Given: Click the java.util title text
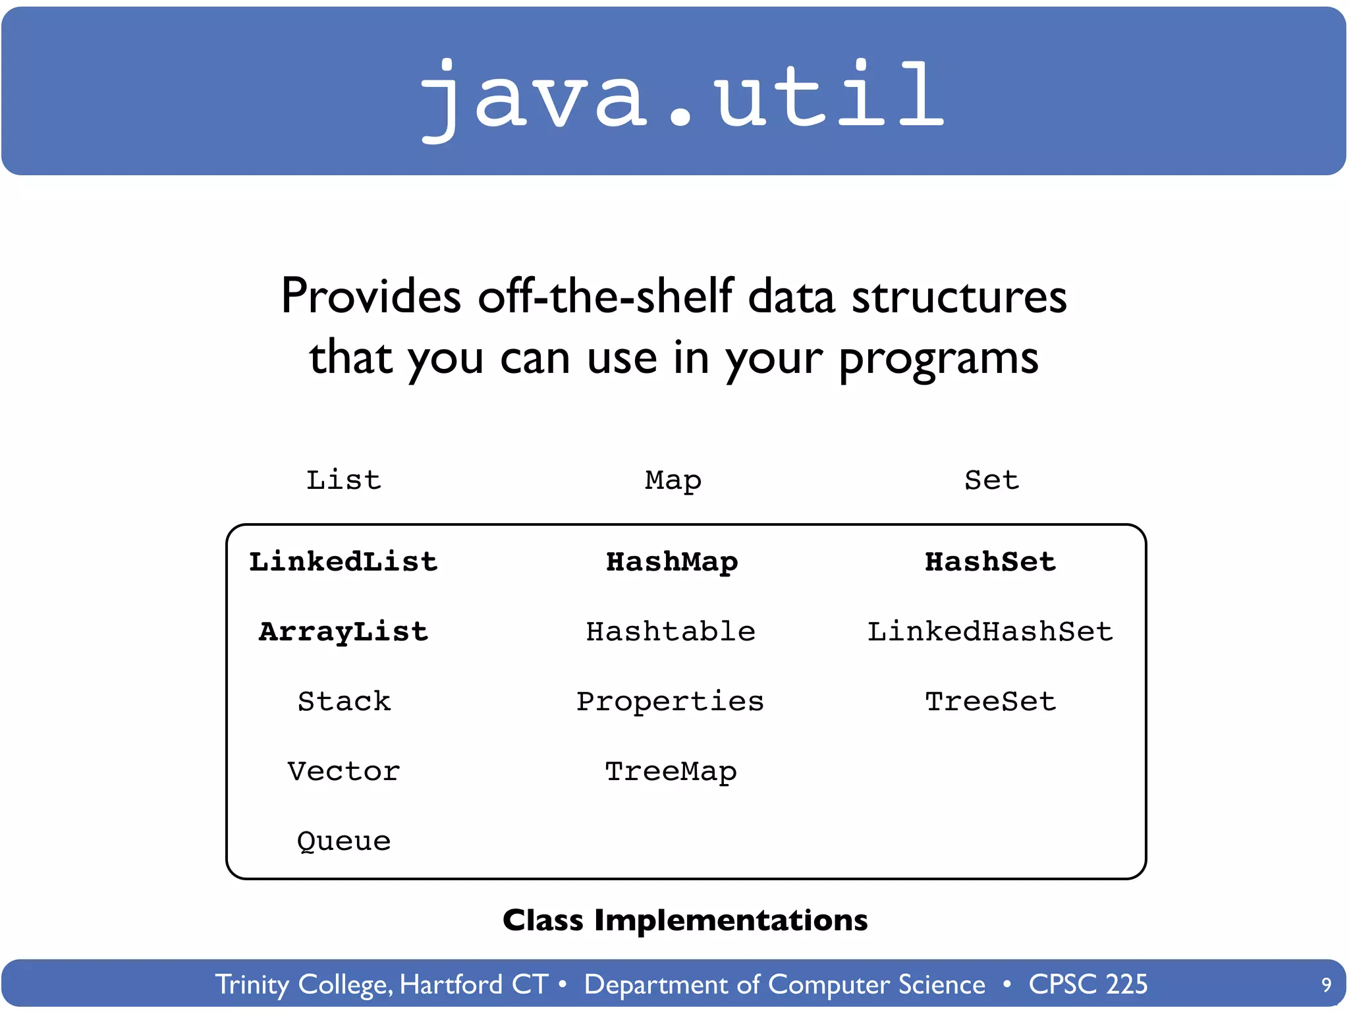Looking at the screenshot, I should pyautogui.click(x=682, y=96).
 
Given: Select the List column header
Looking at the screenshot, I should pyautogui.click(x=343, y=480).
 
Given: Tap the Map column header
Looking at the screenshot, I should pyautogui.click(x=673, y=480).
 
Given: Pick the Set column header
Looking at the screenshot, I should pyautogui.click(x=991, y=480).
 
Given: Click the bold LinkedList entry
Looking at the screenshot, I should pyautogui.click(x=343, y=562).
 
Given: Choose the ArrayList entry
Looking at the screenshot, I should pyautogui.click(x=343, y=632).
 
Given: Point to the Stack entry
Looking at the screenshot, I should pyautogui.click(x=343, y=702).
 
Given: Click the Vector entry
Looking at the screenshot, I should pyautogui.click(x=343, y=772).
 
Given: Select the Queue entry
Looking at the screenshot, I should pyautogui.click(x=343, y=841).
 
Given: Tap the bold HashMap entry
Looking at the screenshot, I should pyautogui.click(x=671, y=562).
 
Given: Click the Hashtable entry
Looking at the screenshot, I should pyautogui.click(x=670, y=632).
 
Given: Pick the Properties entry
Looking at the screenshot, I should pyautogui.click(x=670, y=702).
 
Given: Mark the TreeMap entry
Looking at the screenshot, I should pyautogui.click(x=670, y=772).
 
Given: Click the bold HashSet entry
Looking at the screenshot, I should pyautogui.click(x=990, y=562).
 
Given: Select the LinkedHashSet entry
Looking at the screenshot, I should pyautogui.click(x=989, y=632).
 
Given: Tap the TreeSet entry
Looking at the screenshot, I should pyautogui.click(x=990, y=702).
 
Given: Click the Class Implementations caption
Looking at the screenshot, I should pyautogui.click(x=684, y=920).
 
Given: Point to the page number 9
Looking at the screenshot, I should pyautogui.click(x=1326, y=985).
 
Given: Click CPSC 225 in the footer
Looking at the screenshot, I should pyautogui.click(x=1087, y=984).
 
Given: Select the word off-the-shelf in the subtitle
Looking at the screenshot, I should pyautogui.click(x=605, y=296).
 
